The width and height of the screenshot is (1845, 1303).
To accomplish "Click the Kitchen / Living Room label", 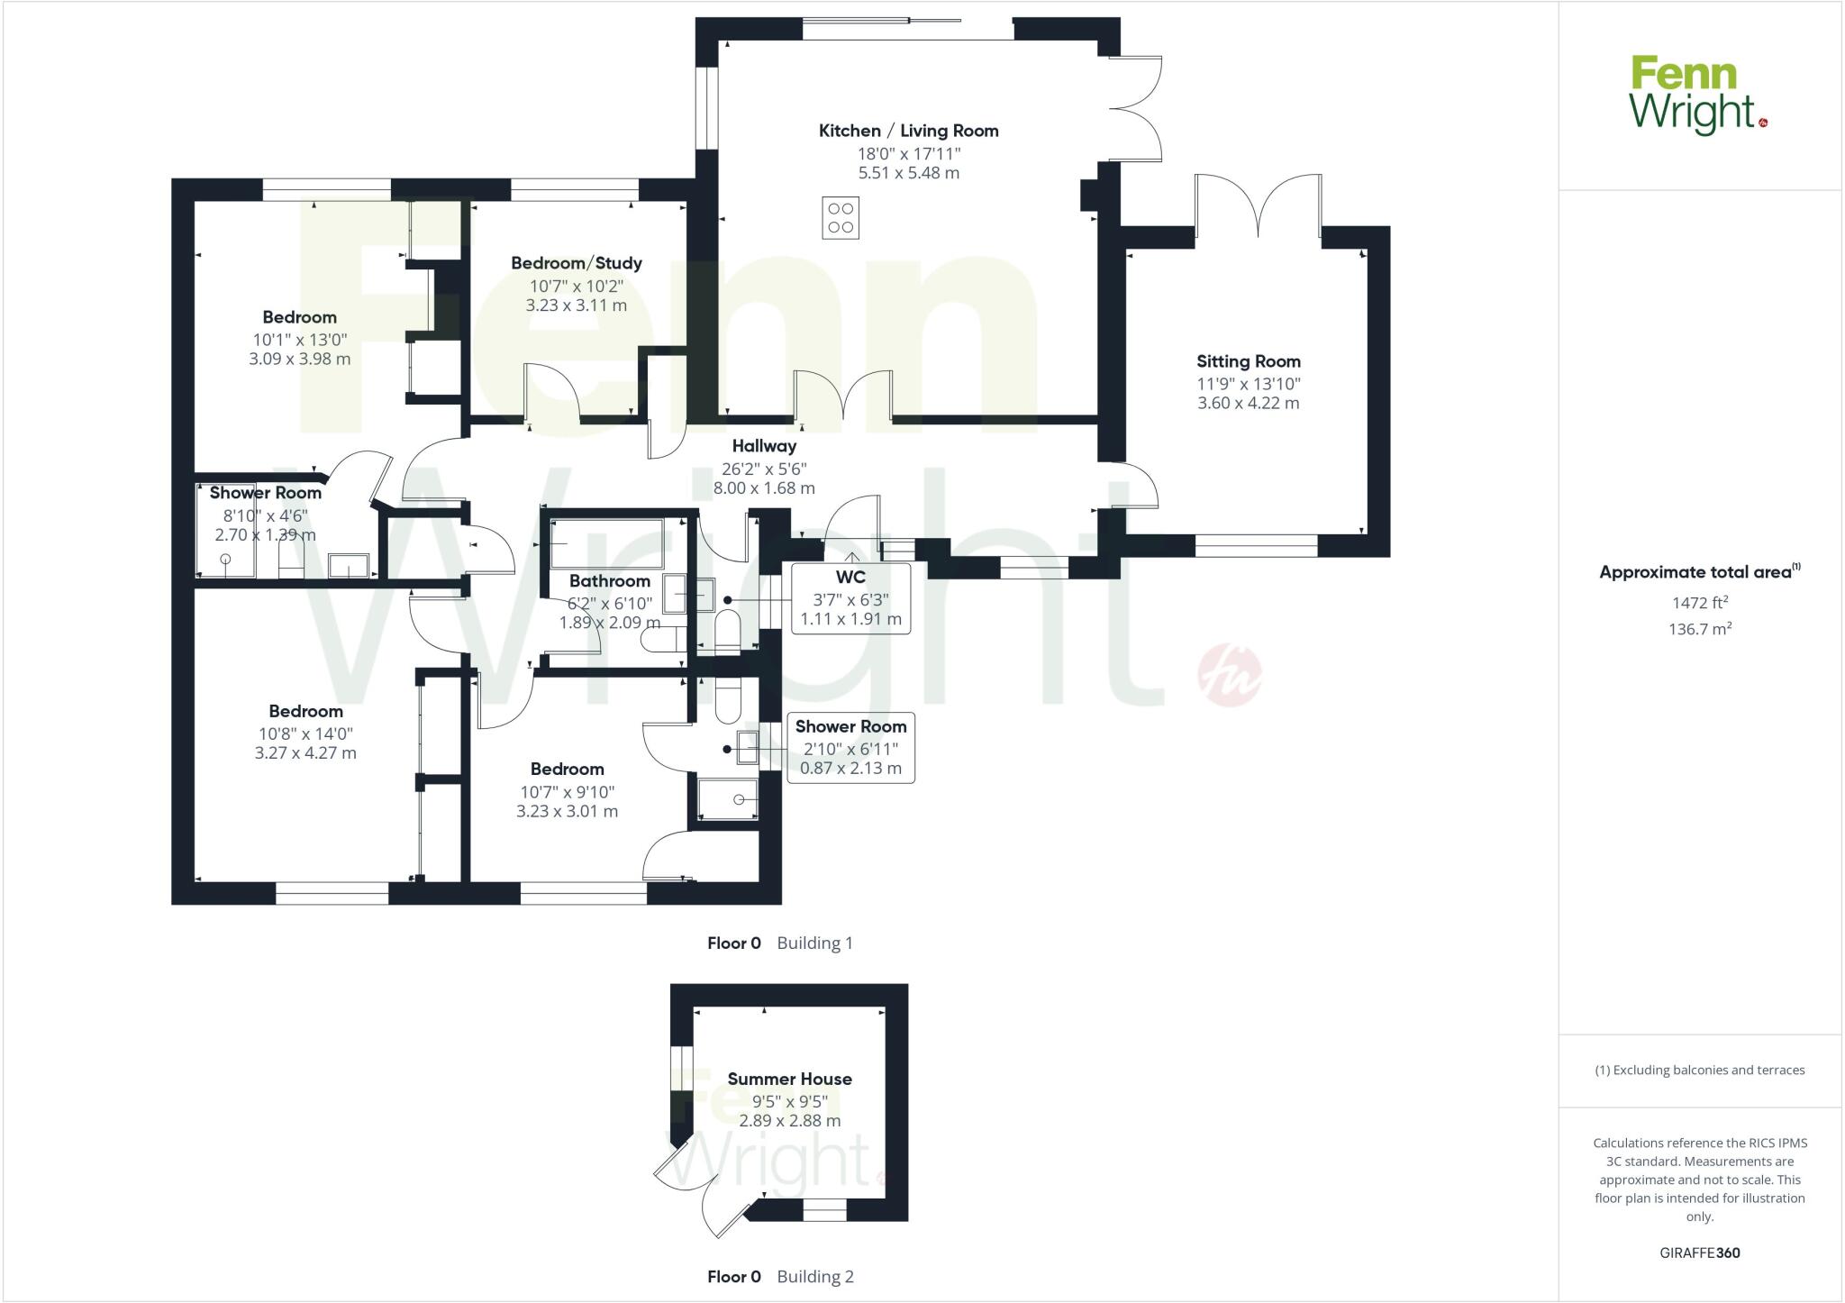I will pos(908,131).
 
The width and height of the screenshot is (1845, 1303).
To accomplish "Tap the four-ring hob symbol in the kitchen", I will pos(841,218).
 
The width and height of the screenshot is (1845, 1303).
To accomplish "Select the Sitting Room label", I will pos(1249,361).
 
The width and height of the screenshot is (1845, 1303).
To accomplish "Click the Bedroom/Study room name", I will pos(577,263).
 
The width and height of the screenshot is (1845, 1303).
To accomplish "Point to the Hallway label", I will pos(764,445).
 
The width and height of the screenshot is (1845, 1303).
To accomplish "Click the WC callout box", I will pos(850,598).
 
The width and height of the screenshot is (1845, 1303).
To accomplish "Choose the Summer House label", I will pos(789,1079).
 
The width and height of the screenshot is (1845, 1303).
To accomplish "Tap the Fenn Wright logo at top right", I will pos(1698,96).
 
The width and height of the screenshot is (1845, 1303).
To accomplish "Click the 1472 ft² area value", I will pos(1699,603).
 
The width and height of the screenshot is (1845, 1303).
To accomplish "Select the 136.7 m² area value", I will pos(1699,629).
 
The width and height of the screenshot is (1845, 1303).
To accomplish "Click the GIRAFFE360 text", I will pos(1699,1253).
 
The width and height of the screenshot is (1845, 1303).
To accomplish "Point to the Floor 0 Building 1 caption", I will pos(779,943).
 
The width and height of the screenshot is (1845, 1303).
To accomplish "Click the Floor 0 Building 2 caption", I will pos(779,1277).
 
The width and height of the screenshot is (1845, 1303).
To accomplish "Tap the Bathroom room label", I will pos(610,581).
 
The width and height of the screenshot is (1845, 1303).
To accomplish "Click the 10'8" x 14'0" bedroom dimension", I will pos(305,734).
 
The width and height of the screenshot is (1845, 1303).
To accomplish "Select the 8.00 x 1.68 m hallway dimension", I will pos(764,488).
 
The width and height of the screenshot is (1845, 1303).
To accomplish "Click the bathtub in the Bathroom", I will pos(606,543).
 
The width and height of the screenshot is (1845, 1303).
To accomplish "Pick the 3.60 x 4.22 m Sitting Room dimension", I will pos(1249,403).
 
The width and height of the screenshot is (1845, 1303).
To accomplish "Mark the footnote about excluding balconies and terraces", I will pos(1699,1071).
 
